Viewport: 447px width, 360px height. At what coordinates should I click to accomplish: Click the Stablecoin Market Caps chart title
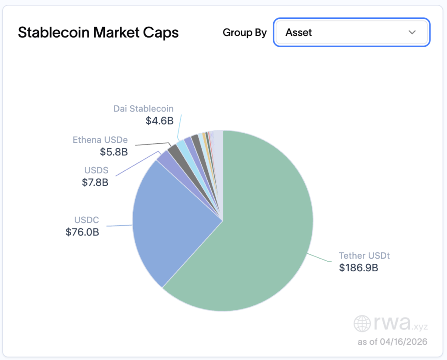click(98, 33)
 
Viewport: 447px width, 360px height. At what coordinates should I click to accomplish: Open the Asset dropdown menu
click(351, 32)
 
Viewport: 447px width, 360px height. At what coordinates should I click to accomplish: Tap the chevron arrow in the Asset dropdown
click(412, 33)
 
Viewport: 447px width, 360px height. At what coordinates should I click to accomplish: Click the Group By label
click(244, 33)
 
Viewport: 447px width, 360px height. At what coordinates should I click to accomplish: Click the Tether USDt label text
click(364, 256)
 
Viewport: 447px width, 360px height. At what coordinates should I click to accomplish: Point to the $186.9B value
click(358, 268)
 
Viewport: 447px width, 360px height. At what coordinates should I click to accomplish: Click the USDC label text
click(86, 220)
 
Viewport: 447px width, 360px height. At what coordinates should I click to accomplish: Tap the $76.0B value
click(83, 232)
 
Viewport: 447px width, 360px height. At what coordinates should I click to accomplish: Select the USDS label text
click(96, 170)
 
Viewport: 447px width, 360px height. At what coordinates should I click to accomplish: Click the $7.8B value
click(95, 182)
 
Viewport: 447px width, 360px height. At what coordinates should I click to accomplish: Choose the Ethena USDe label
click(100, 140)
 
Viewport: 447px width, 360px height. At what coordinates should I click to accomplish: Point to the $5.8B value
click(114, 152)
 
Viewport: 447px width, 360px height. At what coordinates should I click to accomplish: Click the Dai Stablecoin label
click(143, 109)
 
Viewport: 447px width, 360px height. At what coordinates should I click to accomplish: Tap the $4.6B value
click(159, 121)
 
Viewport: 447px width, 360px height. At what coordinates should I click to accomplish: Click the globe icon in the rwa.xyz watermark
click(362, 324)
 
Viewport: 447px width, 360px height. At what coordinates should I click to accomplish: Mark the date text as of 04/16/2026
click(392, 341)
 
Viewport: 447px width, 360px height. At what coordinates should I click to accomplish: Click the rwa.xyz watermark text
click(401, 323)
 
